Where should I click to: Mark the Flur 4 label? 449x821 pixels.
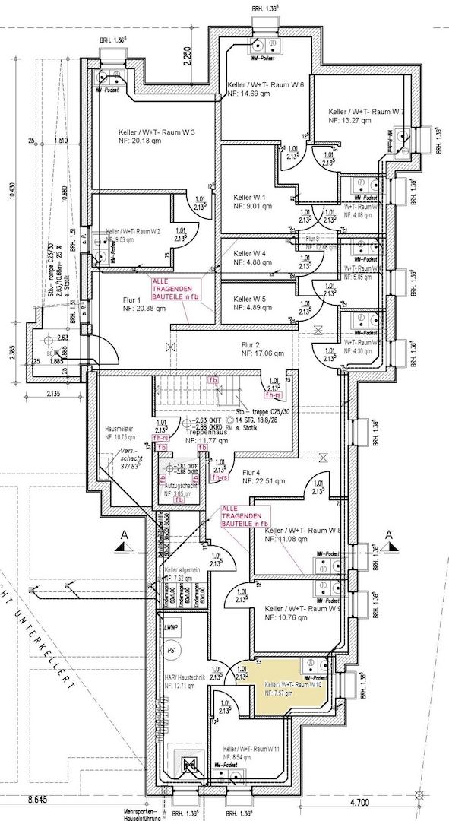pos(251,472)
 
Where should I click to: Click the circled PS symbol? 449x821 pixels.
pos(172,651)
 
